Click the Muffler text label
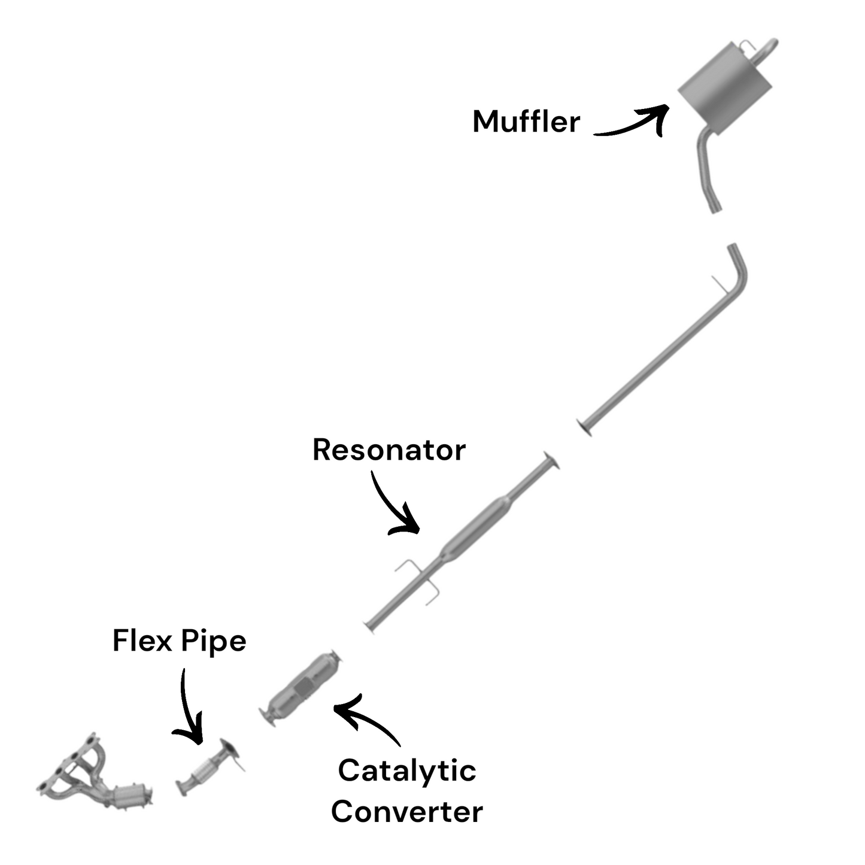tap(526, 122)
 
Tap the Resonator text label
tap(389, 450)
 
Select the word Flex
tap(143, 641)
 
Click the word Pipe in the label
tap(213, 642)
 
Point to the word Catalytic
tap(406, 770)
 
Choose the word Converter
tap(406, 812)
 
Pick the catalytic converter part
tap(302, 687)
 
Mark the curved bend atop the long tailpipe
tap(740, 269)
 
